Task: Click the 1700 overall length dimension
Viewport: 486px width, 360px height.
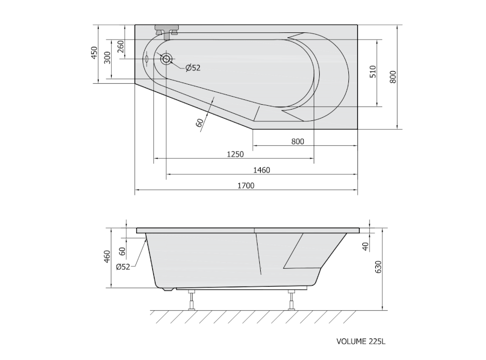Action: (x=246, y=185)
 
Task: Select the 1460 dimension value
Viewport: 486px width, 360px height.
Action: (x=261, y=170)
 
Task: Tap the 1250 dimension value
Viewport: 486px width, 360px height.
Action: (x=235, y=154)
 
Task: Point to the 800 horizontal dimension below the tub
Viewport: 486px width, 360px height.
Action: (x=298, y=141)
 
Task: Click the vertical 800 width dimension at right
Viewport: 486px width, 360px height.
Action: (x=393, y=77)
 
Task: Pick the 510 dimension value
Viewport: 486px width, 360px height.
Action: (x=373, y=72)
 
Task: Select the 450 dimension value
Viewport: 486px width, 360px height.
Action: (x=94, y=53)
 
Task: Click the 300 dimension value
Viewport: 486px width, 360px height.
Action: (x=107, y=58)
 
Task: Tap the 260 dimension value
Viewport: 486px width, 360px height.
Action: (x=120, y=46)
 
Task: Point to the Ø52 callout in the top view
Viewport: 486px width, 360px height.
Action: (x=193, y=68)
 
